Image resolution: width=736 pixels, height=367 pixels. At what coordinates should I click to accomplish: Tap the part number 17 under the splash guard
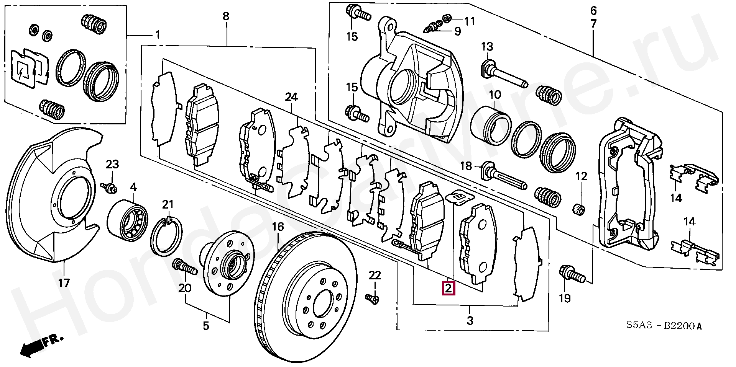(64, 283)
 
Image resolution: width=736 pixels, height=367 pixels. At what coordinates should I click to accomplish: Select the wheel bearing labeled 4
(128, 220)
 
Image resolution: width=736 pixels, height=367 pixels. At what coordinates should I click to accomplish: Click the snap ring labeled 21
(167, 235)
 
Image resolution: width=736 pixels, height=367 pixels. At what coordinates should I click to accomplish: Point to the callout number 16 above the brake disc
(278, 227)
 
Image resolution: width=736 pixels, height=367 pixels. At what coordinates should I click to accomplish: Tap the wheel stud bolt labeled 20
(185, 266)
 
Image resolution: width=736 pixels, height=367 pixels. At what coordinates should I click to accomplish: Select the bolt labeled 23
(109, 187)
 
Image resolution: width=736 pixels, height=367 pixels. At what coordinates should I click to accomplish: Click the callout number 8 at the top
(226, 16)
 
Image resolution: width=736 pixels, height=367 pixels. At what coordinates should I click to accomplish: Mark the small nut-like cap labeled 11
(447, 18)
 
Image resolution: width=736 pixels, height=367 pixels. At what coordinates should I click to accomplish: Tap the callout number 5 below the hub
(206, 326)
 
